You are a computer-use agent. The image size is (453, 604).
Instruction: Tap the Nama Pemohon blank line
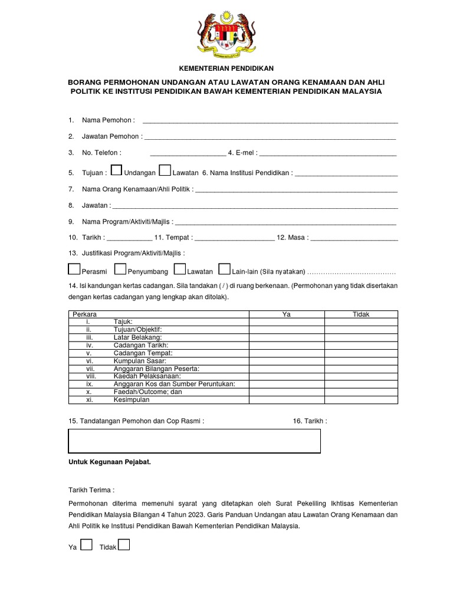(x=270, y=120)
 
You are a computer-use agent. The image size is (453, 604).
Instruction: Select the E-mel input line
(x=327, y=152)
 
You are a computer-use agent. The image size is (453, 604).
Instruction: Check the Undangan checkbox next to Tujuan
(x=117, y=170)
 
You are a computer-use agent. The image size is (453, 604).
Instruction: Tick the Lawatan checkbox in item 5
(x=165, y=170)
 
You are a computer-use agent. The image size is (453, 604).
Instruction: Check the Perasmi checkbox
(x=74, y=269)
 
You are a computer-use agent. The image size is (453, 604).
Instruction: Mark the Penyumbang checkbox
(x=120, y=269)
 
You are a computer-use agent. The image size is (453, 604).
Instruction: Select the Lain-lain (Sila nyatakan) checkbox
(x=224, y=269)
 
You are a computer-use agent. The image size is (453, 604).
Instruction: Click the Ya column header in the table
(x=287, y=314)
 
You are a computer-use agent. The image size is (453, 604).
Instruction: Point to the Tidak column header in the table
(x=361, y=314)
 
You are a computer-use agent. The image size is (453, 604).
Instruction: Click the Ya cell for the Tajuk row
(x=287, y=322)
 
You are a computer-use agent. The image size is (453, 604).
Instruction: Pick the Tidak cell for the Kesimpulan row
(x=361, y=399)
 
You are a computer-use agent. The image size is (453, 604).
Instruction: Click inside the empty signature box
(x=195, y=441)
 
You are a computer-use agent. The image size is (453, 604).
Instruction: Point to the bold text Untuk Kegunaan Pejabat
(x=110, y=462)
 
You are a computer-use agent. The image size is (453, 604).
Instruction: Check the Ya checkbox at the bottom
(x=86, y=544)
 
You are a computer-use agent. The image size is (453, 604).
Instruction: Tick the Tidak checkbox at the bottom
(x=124, y=544)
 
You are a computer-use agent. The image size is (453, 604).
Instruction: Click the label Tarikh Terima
(x=91, y=490)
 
